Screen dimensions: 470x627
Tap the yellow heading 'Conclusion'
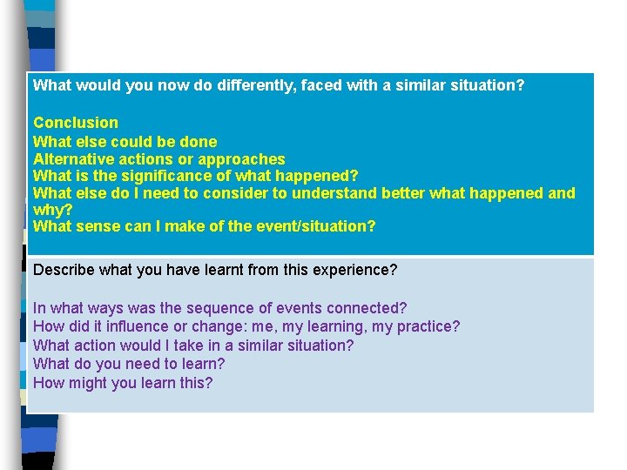point(76,123)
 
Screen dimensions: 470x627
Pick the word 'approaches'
point(241,158)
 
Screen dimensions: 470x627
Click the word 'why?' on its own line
point(52,210)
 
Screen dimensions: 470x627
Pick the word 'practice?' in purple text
point(428,326)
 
